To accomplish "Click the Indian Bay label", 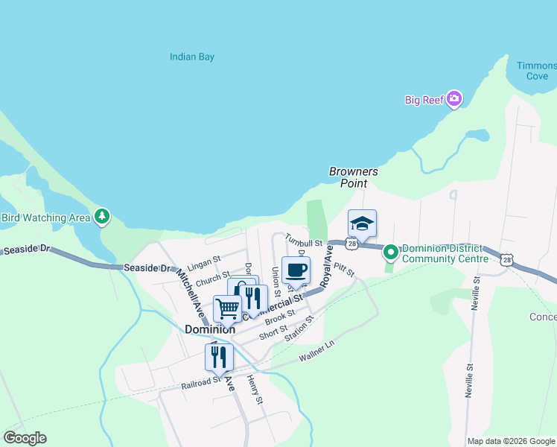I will coord(192,57).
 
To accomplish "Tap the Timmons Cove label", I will coord(536,71).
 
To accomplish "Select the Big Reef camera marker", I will coord(453,99).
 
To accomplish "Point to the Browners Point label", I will coord(354,177).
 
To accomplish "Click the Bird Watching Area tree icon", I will coord(102,217).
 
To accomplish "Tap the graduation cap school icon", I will coord(362,223).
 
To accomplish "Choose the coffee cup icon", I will coord(296,270).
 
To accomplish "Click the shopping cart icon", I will coord(227,308).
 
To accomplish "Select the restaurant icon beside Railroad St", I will coord(219,357).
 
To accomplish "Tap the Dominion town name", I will coord(210,329).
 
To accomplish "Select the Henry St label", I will coord(255,390).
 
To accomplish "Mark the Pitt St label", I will coord(343,266).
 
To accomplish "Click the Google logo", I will coord(25,438).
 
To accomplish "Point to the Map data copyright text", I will coord(511,441).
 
